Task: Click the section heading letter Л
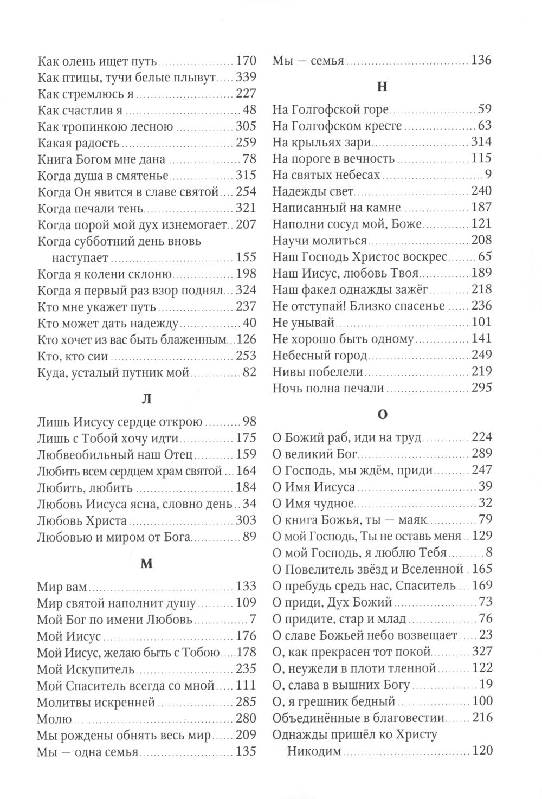146,399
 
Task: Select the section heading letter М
146,563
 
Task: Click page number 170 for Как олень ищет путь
246,61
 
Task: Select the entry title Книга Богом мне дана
101,160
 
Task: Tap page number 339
246,77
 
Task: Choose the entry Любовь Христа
82,521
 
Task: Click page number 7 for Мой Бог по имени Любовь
253,619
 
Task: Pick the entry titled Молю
54,719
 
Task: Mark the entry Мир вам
63,587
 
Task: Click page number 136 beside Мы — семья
481,60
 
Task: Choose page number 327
482,652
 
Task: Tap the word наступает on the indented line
80,257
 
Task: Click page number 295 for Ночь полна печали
481,388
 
